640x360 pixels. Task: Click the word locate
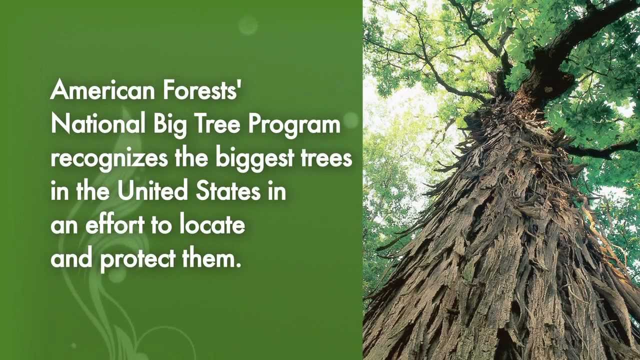pyautogui.click(x=212, y=225)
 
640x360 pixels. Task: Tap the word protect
pyautogui.click(x=136, y=259)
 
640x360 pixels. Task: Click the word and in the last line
pyautogui.click(x=70, y=258)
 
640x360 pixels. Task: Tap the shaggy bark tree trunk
pyautogui.click(x=500, y=250)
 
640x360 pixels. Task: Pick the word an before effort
pyautogui.click(x=63, y=226)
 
